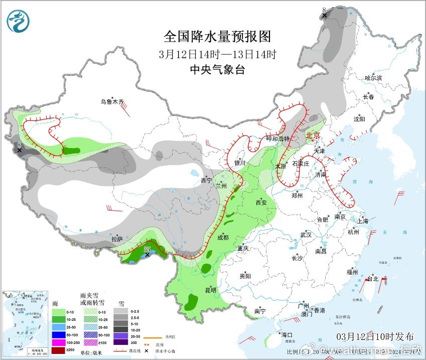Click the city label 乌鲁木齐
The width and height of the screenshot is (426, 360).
click(112, 102)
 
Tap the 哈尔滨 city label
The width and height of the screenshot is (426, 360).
click(373, 78)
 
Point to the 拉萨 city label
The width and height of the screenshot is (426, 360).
click(117, 239)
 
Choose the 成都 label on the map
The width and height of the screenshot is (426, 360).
click(223, 237)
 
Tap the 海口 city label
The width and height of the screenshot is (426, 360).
click(287, 335)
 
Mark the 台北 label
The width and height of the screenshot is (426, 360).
click(373, 279)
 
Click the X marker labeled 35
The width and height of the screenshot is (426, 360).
click(147, 255)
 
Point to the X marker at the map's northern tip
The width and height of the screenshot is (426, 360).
click(325, 16)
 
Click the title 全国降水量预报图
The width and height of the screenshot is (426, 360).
click(217, 37)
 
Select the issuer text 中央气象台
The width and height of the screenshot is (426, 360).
click(217, 70)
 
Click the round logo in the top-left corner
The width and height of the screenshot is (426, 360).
click(18, 21)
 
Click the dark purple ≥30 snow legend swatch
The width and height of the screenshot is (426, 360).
click(119, 342)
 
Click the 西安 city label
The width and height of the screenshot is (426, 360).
click(261, 203)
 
